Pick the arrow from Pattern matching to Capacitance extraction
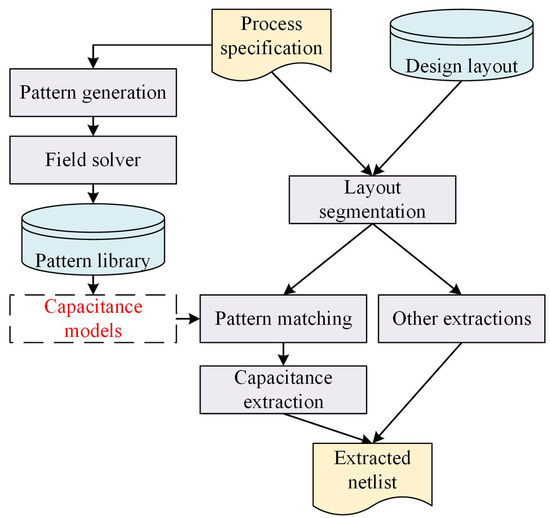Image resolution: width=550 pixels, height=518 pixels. pyautogui.click(x=284, y=352)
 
